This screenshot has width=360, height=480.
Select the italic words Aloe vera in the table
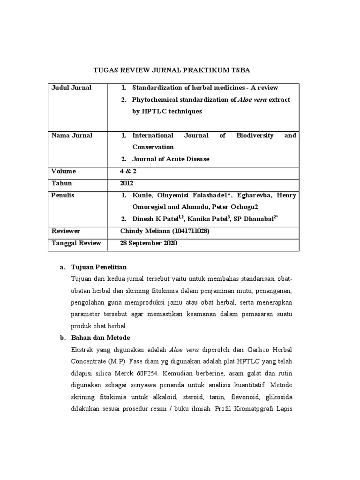(x=253, y=100)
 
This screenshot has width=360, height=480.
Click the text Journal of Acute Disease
(x=171, y=159)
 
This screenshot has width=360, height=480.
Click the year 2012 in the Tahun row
(x=127, y=183)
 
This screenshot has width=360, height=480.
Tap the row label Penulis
(x=63, y=195)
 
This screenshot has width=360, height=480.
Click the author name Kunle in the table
(x=142, y=195)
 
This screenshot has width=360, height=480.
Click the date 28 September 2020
(x=149, y=243)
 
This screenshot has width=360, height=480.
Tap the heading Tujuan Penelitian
(x=98, y=267)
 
